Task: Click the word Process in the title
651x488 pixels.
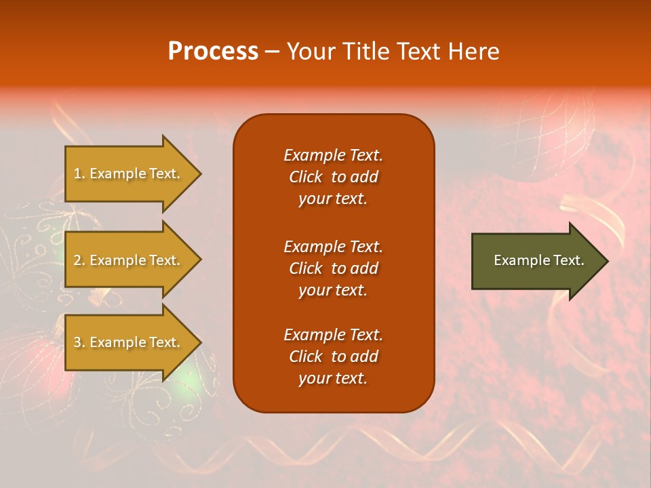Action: pos(213,52)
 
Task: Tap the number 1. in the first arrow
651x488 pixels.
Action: pos(79,174)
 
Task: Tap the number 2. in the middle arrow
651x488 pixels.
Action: pos(79,260)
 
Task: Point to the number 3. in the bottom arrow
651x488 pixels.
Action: pos(79,342)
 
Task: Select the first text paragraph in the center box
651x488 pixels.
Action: pos(333,177)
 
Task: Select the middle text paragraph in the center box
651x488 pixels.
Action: pos(333,268)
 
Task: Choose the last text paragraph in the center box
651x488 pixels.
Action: pos(333,357)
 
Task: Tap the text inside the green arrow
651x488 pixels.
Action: pos(539,260)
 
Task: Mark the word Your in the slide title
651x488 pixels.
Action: pos(310,52)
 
